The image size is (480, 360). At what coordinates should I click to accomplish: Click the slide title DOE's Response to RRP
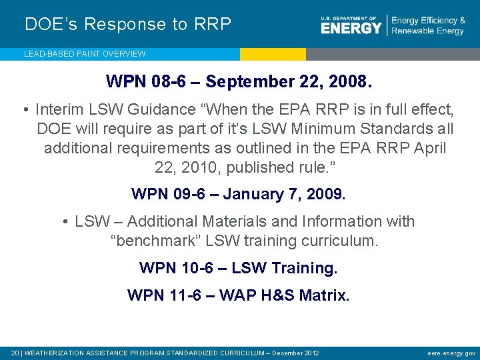128,25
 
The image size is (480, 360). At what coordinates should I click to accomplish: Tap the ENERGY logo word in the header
351,28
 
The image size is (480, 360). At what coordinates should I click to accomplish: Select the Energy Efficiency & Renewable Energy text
428,26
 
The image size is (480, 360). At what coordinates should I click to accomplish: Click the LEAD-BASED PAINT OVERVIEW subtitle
85,53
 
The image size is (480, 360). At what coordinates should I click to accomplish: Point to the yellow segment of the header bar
273,54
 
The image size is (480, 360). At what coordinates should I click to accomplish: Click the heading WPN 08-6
147,82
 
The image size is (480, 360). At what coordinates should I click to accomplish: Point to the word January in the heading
256,194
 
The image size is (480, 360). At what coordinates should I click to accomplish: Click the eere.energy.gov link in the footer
451,352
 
